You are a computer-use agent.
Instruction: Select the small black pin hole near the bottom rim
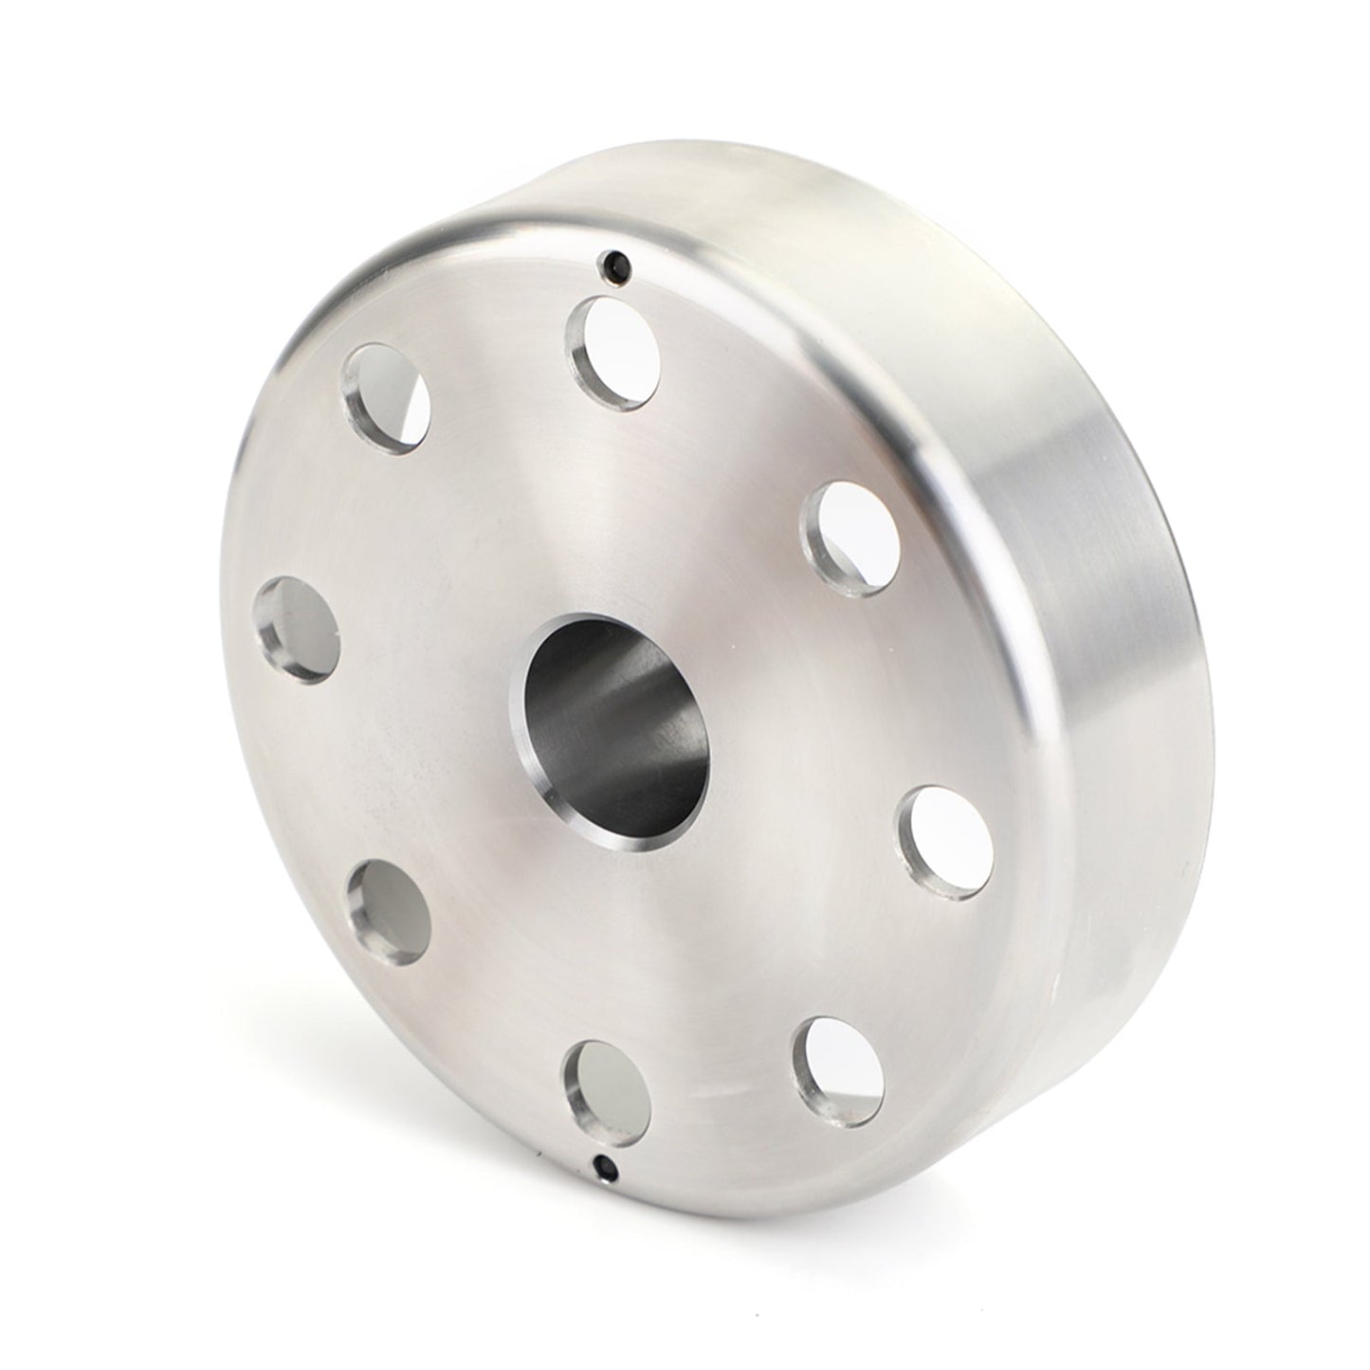pos(602,1164)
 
